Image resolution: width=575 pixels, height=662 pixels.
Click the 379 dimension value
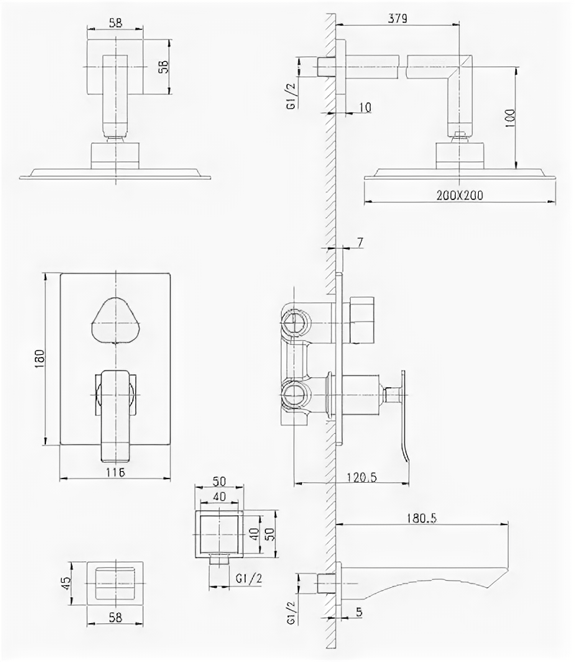point(398,19)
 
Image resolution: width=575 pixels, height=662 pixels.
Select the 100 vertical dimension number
point(510,117)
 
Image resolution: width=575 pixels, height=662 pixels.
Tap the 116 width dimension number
point(115,472)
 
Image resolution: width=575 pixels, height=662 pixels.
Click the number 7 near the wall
point(359,243)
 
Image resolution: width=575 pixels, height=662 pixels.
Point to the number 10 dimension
point(364,108)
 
